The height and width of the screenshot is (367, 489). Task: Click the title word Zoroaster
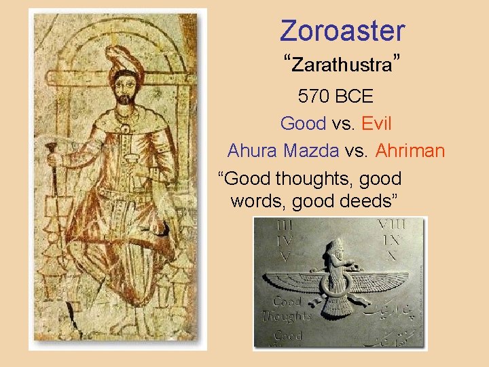coord(342,31)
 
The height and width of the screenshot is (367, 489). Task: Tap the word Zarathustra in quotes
coord(343,66)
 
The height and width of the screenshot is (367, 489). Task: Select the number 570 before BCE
coord(313,97)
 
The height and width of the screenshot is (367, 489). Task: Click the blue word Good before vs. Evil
coord(303,124)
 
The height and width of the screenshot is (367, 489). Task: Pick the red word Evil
coord(376,124)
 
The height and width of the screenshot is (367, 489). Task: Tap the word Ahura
coord(253,150)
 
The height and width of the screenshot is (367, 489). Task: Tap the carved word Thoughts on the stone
coord(287,315)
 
